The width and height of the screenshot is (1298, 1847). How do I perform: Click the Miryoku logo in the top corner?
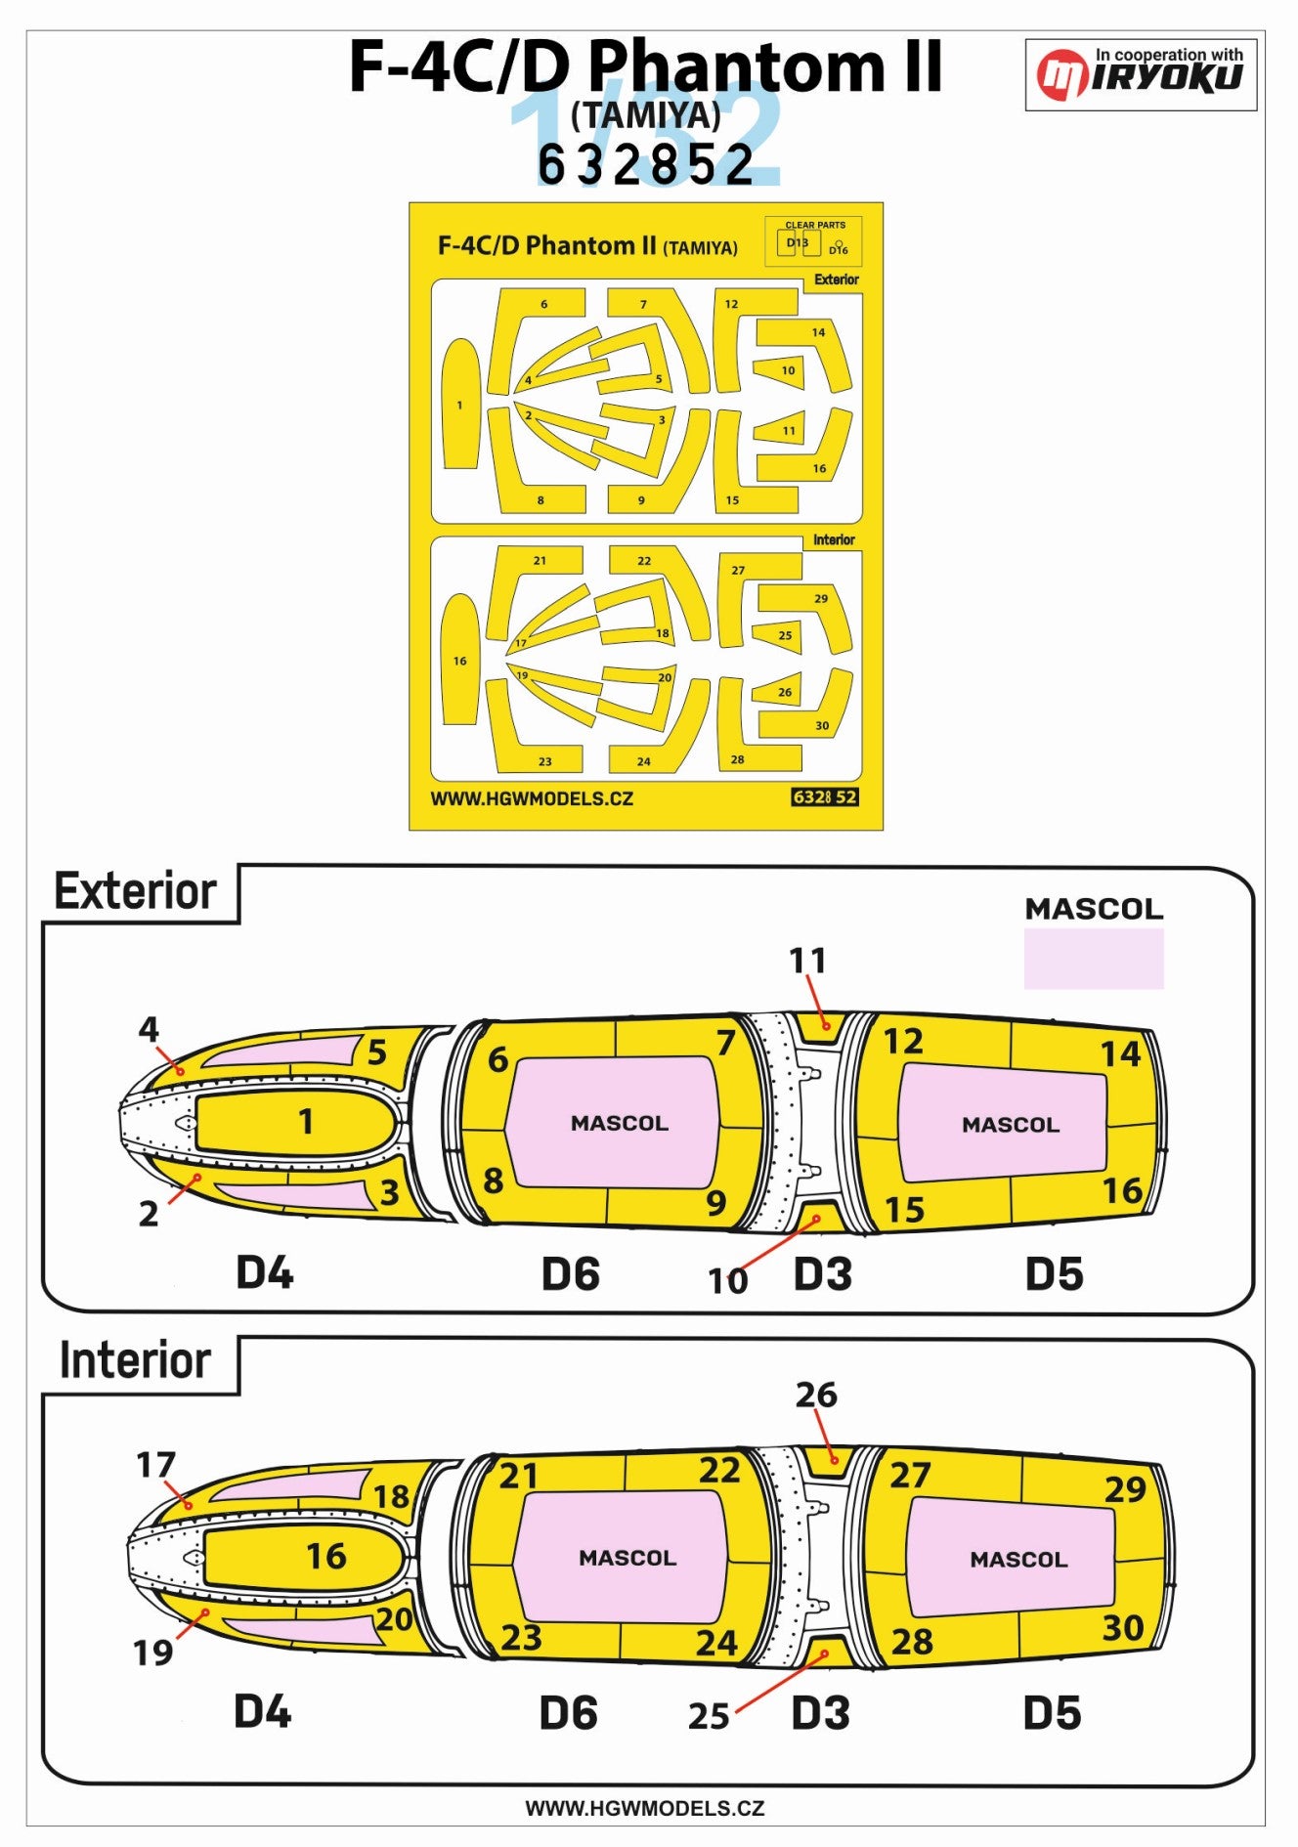(1140, 74)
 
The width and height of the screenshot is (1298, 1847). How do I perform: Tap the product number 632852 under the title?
(646, 164)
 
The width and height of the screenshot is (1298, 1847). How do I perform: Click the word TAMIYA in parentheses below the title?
(646, 116)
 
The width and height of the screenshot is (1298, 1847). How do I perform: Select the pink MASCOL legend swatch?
(1094, 958)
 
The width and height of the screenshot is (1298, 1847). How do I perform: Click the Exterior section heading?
(135, 891)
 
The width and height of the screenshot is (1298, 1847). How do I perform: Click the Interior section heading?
(135, 1360)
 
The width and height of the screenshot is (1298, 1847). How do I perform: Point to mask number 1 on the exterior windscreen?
(306, 1121)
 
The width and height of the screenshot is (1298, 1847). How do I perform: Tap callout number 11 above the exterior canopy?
(807, 961)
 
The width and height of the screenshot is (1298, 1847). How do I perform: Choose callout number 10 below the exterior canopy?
(728, 1280)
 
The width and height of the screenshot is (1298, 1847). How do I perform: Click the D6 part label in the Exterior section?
(571, 1273)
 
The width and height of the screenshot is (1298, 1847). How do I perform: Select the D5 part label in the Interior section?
(1052, 1713)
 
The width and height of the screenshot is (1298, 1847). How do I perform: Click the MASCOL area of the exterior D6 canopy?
(619, 1123)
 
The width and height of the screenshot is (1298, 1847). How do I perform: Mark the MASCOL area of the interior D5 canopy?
(1018, 1559)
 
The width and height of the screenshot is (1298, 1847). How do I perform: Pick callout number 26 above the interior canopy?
(816, 1395)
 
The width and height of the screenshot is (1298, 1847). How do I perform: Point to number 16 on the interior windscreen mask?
(326, 1556)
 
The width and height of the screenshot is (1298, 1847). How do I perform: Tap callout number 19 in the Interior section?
(152, 1653)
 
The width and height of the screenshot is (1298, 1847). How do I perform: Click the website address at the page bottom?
(645, 1808)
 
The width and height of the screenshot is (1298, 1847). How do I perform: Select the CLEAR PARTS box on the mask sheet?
(813, 240)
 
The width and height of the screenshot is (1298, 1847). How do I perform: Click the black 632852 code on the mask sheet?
(825, 796)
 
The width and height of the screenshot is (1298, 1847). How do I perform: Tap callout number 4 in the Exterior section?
(149, 1028)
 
